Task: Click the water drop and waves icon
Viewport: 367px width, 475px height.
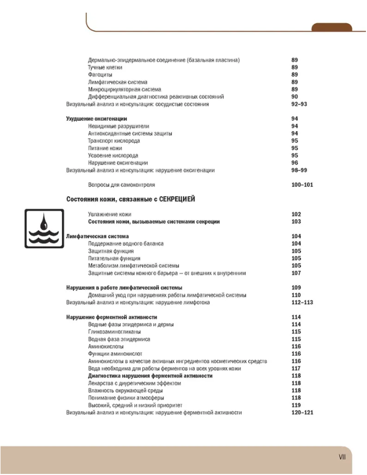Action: pyautogui.click(x=44, y=229)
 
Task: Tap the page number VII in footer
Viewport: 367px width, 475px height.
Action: pyautogui.click(x=342, y=457)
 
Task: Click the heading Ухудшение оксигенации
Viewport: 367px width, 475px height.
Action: pyautogui.click(x=96, y=119)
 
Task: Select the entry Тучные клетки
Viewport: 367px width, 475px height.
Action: pyautogui.click(x=105, y=67)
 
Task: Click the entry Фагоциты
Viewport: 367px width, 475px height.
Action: pyautogui.click(x=100, y=75)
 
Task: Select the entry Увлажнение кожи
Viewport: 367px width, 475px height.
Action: pyautogui.click(x=110, y=215)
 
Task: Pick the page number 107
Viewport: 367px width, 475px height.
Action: pyautogui.click(x=296, y=274)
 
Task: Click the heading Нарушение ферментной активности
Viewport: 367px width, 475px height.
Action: pyautogui.click(x=112, y=317)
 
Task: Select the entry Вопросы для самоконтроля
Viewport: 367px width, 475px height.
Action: pyautogui.click(x=121, y=186)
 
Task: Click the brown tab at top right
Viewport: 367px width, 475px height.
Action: pyautogui.click(x=332, y=27)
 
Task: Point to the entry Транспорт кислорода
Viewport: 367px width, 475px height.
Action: pyautogui.click(x=114, y=141)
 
